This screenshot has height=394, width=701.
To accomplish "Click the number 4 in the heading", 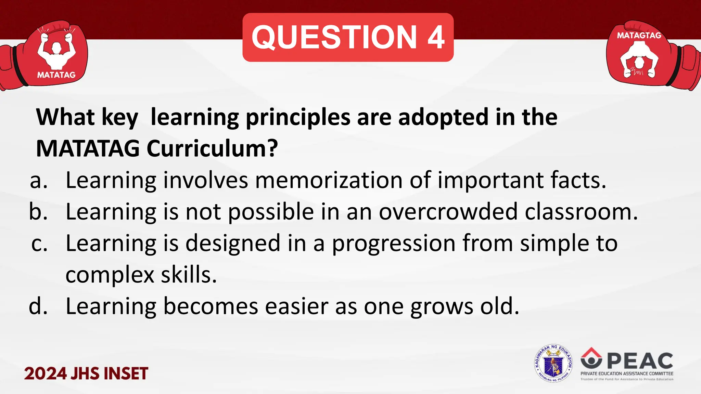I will (436, 38).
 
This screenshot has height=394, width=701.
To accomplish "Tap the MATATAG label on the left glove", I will (56, 75).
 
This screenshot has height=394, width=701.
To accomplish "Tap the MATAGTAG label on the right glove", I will (639, 35).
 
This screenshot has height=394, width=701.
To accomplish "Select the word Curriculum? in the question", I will (212, 149).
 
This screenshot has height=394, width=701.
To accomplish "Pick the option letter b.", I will (38, 212).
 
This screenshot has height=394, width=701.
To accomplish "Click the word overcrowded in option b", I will (448, 212).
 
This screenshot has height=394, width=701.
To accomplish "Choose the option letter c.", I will (39, 244).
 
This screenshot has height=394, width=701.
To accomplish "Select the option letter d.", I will (38, 306).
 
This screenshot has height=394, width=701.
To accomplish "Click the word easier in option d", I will (297, 306).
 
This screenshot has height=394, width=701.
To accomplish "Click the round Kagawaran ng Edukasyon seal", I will (553, 364).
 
